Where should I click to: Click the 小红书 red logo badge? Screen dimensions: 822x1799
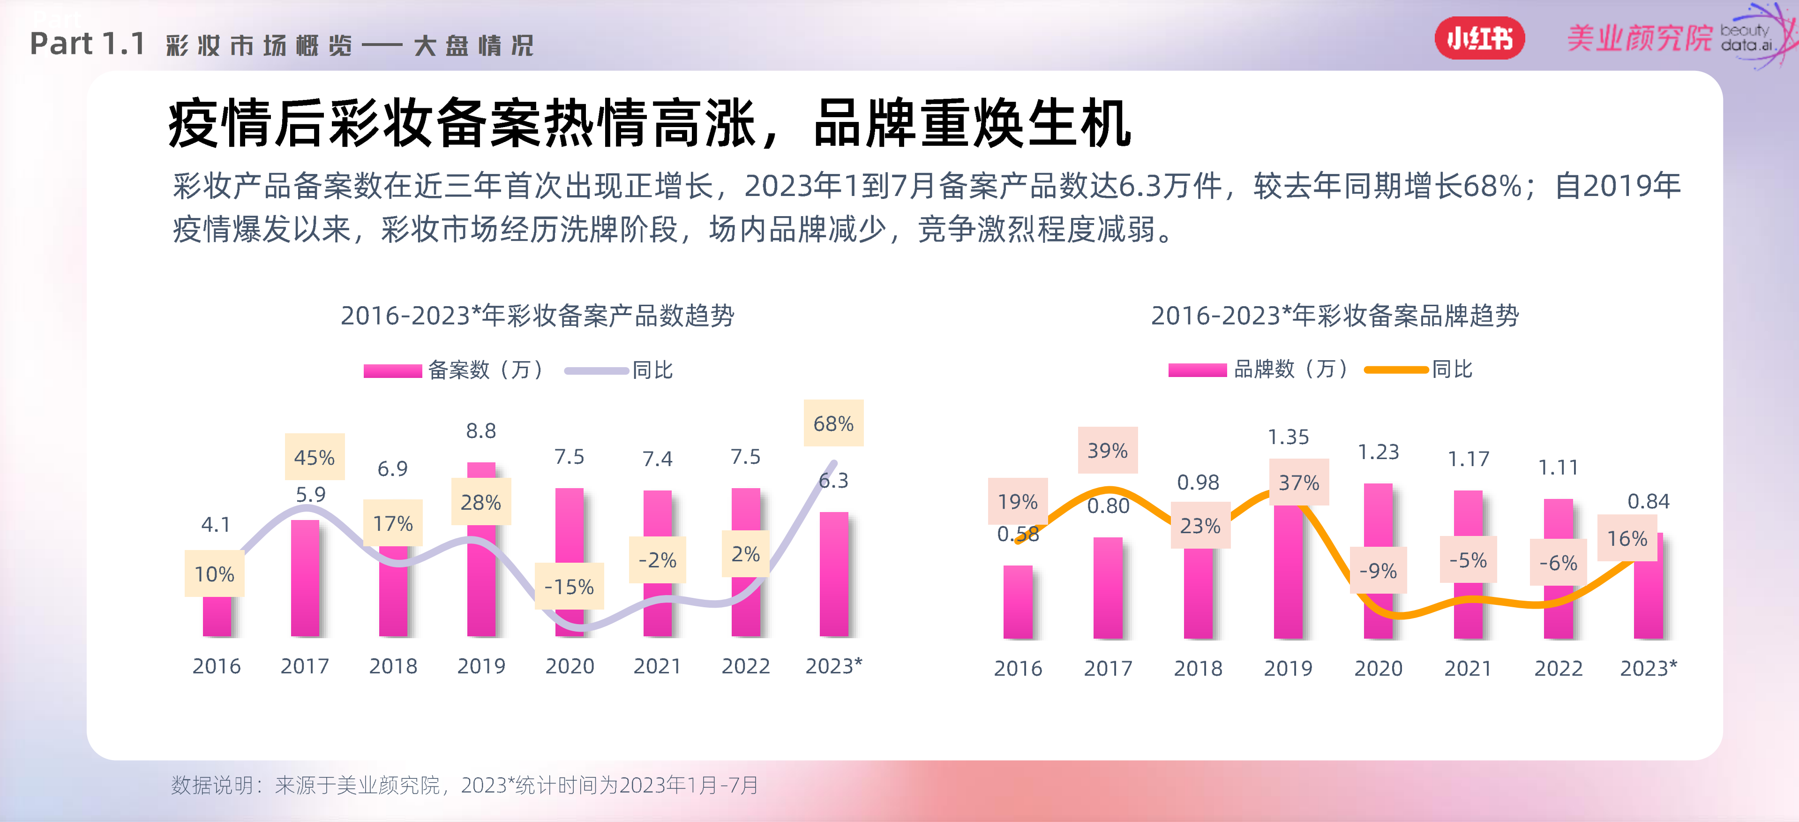coord(1479,38)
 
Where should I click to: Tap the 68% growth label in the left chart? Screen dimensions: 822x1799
coord(833,423)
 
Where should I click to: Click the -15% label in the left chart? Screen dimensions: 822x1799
coord(569,586)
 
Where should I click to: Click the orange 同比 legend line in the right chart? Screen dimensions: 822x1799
coord(1395,370)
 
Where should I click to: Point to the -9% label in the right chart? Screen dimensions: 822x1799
coord(1378,571)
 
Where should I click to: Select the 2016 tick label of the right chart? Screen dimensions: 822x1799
coord(1018,668)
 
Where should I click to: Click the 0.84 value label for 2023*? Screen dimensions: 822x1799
coord(1648,501)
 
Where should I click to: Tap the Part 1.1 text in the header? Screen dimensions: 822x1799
coord(87,44)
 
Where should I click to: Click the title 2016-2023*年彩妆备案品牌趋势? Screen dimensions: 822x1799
coord(1334,316)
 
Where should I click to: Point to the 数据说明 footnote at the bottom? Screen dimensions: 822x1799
coord(465,785)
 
